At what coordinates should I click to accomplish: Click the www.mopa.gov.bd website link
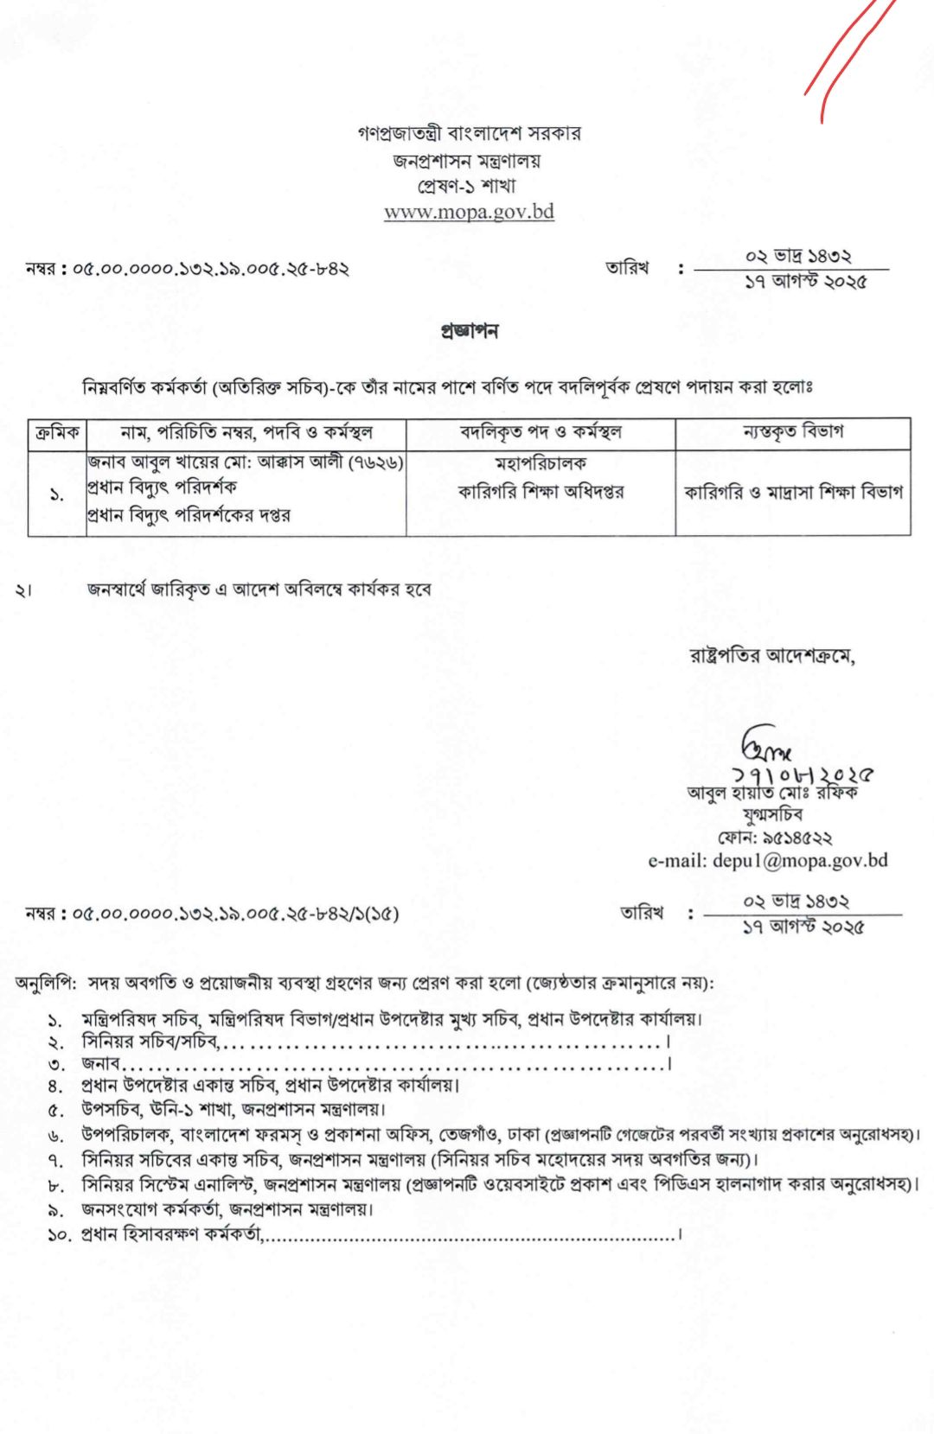tap(469, 213)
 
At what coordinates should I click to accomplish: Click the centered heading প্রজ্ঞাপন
tap(469, 331)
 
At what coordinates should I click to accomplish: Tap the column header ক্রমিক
tap(57, 432)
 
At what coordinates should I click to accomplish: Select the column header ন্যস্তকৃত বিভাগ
tap(792, 431)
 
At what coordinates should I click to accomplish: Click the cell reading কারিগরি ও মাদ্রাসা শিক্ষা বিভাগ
tap(792, 492)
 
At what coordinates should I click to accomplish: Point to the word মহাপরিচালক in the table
tap(541, 464)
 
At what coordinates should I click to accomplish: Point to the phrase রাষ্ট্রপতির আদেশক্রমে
tap(771, 656)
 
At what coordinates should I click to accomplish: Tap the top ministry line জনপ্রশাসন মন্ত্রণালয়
tap(468, 161)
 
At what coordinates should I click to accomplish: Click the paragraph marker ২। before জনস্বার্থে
tap(23, 590)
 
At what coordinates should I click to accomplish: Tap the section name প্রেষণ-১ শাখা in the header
tap(468, 186)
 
